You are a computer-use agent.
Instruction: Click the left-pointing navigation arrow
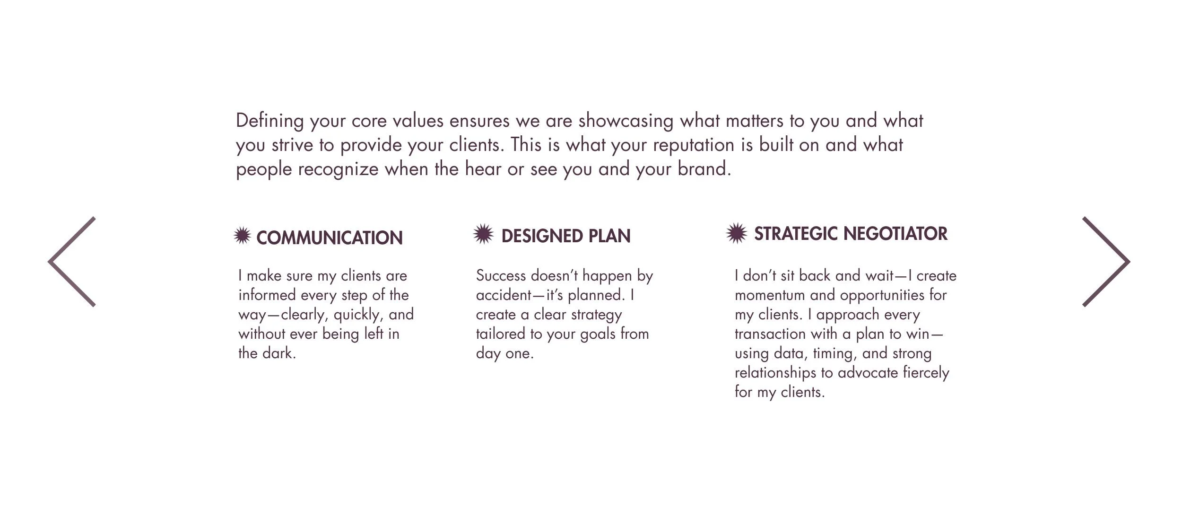[x=71, y=262]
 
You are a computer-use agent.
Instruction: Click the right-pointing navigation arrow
[x=1106, y=262]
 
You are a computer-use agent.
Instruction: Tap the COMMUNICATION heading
[x=329, y=238]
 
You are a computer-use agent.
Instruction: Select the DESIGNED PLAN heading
[x=565, y=236]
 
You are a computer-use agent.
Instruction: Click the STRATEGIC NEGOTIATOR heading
[x=850, y=234]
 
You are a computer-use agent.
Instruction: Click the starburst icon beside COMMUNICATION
[x=242, y=235]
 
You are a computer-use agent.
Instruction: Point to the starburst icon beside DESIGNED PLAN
[x=483, y=234]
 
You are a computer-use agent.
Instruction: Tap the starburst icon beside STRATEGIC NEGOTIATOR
[x=736, y=233]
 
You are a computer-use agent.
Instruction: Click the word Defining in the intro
[x=269, y=121]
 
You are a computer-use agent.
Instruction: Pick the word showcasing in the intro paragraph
[x=626, y=121]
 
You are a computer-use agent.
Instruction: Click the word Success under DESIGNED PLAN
[x=501, y=275]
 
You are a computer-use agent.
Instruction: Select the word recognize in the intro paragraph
[x=338, y=169]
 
